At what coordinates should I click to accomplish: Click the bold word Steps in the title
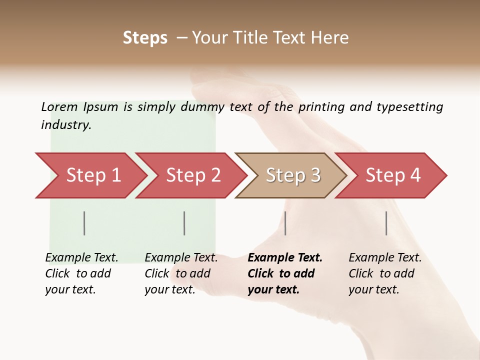145,37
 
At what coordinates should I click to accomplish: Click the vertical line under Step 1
84,223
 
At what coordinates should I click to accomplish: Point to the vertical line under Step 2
184,223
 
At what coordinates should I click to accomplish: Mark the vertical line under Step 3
285,223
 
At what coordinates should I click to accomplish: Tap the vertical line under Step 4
386,223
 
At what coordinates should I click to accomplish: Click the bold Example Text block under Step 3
284,273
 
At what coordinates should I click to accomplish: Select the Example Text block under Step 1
81,273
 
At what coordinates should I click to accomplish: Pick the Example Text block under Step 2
180,273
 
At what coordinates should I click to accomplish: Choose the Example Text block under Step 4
384,273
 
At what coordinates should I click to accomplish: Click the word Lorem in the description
59,106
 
